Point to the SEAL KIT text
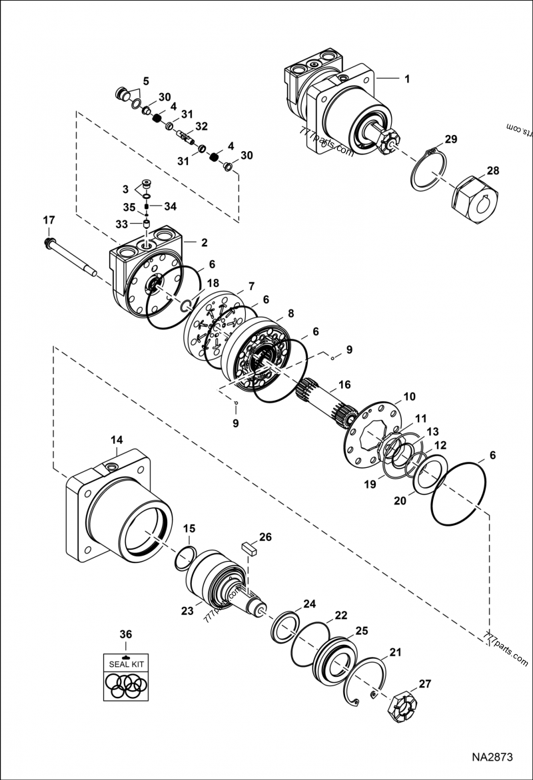(x=125, y=664)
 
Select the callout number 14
(x=117, y=440)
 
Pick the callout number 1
(x=406, y=78)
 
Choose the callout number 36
(x=125, y=633)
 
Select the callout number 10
(x=409, y=396)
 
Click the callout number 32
(x=201, y=126)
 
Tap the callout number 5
(x=145, y=83)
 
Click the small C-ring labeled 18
(x=187, y=305)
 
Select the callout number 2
(x=205, y=242)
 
